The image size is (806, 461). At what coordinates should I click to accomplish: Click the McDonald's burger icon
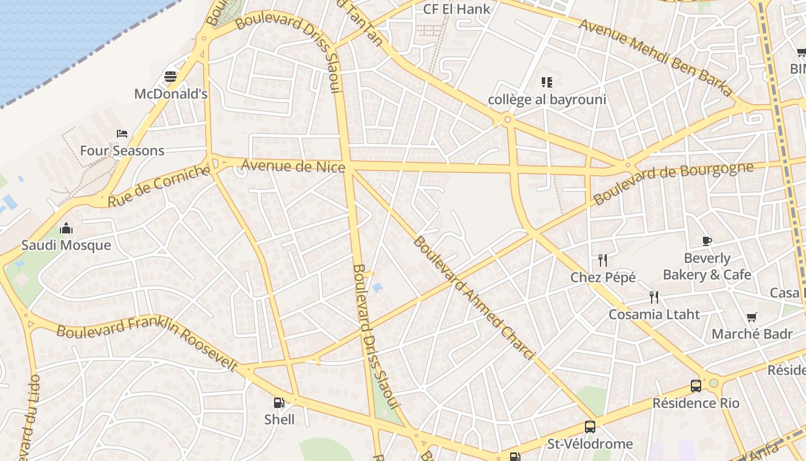(170, 76)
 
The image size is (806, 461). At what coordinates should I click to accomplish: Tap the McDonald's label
(170, 93)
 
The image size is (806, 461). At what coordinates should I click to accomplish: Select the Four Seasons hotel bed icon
(122, 134)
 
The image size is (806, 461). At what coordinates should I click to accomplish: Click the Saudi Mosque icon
(66, 228)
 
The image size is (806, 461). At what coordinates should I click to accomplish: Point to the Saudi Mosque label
(66, 245)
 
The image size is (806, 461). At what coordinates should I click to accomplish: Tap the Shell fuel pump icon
(279, 403)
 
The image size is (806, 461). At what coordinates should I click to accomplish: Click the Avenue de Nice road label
(293, 166)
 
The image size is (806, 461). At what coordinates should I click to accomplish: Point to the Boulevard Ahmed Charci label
(474, 297)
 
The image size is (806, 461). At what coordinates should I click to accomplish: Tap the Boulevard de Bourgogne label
(673, 183)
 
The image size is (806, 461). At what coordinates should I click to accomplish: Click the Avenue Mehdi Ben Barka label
(656, 58)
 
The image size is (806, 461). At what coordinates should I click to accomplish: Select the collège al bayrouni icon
(546, 82)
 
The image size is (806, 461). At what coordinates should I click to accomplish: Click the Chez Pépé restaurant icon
(603, 260)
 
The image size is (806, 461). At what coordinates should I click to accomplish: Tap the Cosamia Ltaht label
(655, 314)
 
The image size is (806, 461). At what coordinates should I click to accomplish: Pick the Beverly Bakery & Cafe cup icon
(707, 241)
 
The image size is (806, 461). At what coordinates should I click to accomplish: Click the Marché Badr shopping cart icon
(751, 317)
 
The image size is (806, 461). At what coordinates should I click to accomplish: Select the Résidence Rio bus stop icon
(696, 386)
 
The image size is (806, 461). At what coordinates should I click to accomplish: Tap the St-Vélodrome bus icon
(590, 427)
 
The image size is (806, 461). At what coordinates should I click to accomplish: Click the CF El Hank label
(457, 9)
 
